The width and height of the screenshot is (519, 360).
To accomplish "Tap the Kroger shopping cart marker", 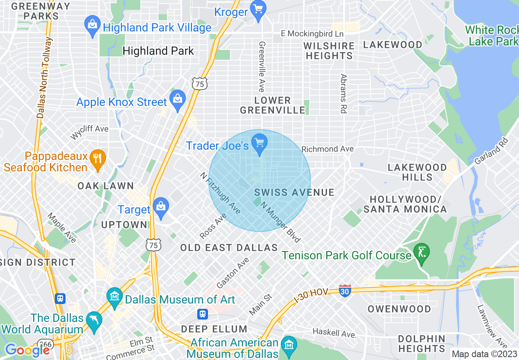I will pyautogui.click(x=258, y=9).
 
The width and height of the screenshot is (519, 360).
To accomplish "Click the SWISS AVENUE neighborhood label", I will pyautogui.click(x=294, y=192).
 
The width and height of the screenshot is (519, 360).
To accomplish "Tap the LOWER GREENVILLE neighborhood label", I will pyautogui.click(x=273, y=105).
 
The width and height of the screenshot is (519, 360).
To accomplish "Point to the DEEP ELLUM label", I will pyautogui.click(x=214, y=329).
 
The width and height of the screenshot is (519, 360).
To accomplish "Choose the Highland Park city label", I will pyautogui.click(x=158, y=51).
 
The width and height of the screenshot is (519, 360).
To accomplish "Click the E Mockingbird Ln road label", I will pyautogui.click(x=312, y=34).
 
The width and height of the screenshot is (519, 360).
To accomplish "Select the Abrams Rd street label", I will pyautogui.click(x=343, y=93).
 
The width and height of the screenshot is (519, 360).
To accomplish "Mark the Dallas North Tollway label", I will pyautogui.click(x=45, y=78).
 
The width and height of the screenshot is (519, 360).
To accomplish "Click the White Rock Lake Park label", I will pyautogui.click(x=491, y=36).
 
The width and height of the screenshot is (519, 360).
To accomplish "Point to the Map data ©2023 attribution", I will pyautogui.click(x=484, y=354).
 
